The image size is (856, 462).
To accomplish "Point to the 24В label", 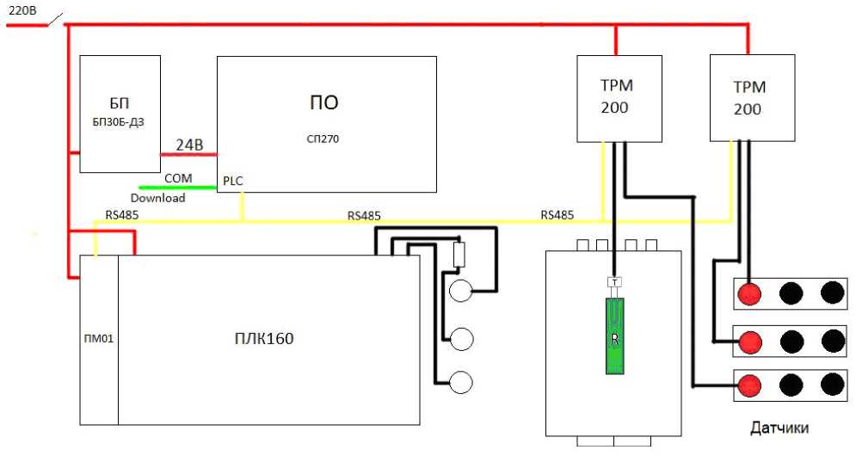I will [189, 145].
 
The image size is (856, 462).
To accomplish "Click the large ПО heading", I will [324, 102].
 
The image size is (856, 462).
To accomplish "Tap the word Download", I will [157, 198].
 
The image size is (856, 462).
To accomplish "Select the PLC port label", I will [232, 181].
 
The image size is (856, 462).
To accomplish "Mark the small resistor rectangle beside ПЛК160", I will [459, 255].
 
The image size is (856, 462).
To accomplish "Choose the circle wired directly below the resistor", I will [462, 291].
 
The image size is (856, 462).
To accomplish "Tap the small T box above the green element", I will [614, 282].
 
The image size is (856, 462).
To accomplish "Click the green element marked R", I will [614, 336].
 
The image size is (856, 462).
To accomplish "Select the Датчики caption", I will [779, 428].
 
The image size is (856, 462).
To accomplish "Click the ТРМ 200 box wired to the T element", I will [619, 97].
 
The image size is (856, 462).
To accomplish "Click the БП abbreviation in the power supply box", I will [119, 103].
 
